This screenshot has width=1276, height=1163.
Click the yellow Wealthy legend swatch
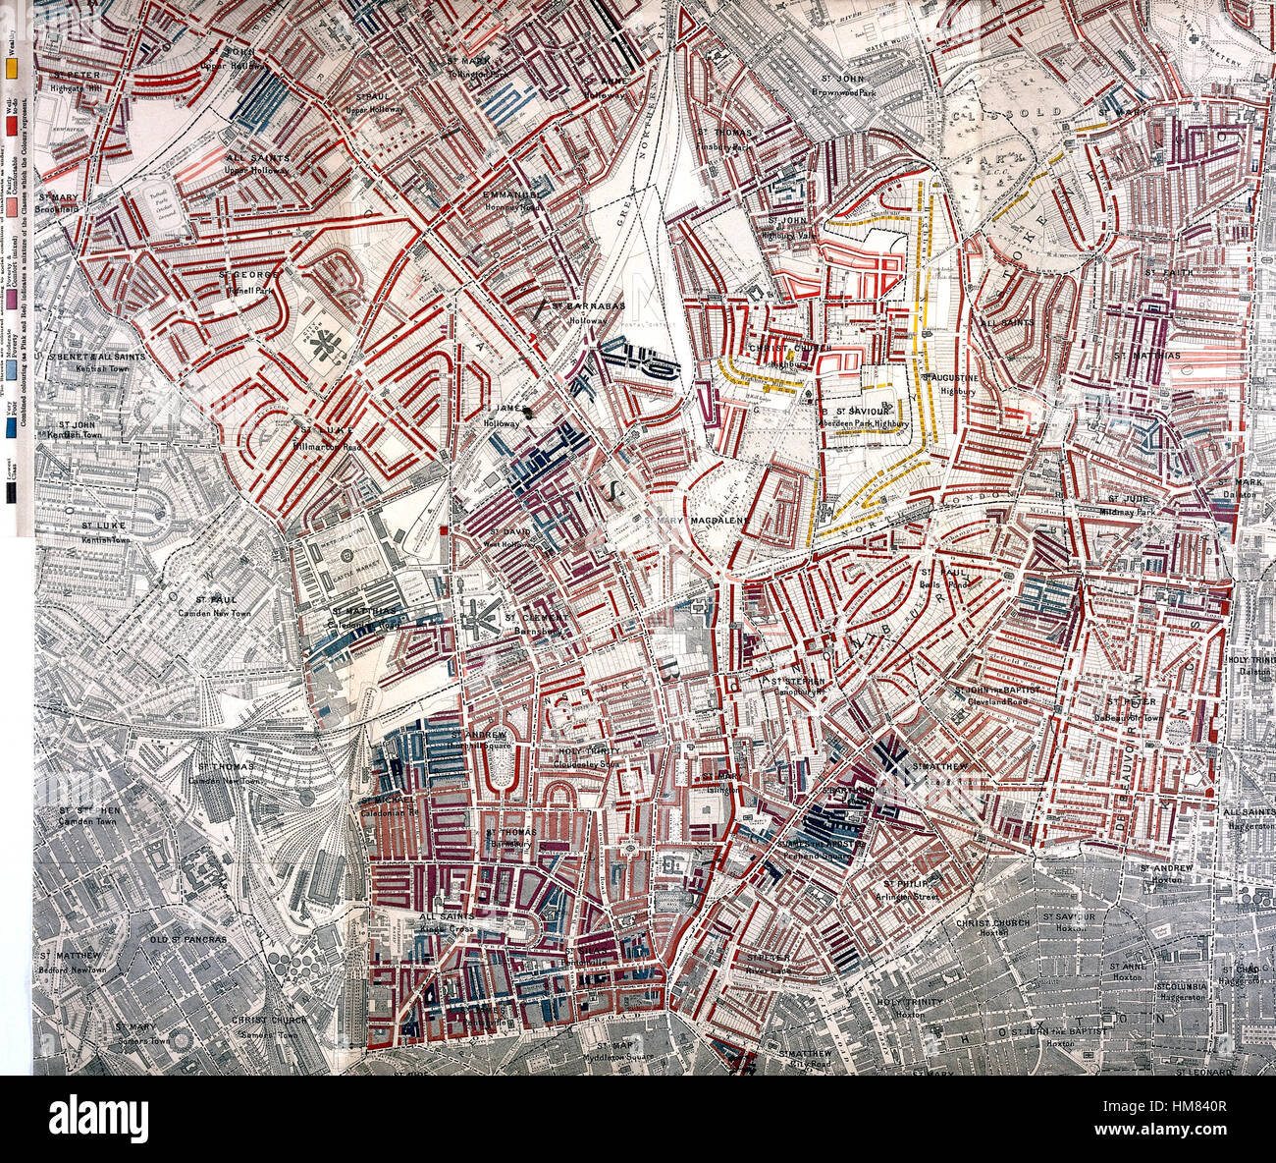[12, 71]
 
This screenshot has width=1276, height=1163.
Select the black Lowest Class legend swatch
[12, 497]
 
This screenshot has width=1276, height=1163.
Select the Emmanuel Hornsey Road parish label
[511, 200]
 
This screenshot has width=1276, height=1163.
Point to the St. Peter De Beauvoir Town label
[1130, 708]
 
